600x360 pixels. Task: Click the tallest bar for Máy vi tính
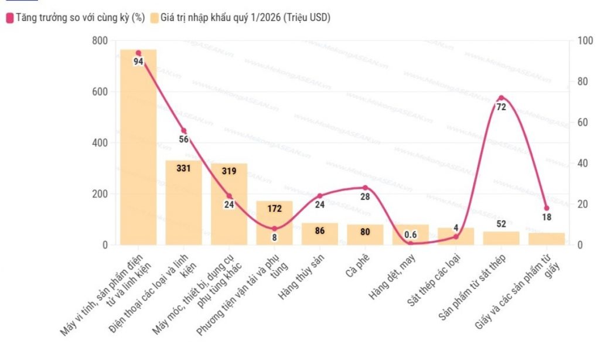(138, 147)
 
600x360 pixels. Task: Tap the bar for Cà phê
(365, 235)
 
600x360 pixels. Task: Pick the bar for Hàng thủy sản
(320, 234)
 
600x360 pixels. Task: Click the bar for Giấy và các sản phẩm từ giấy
(546, 239)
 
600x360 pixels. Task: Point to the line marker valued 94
(138, 53)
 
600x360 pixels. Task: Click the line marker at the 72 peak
(501, 98)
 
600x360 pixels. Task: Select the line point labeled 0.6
(410, 243)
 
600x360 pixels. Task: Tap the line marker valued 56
(183, 131)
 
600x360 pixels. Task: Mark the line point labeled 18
(546, 208)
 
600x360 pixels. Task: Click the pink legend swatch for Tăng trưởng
(9, 18)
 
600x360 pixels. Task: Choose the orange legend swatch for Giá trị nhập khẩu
(154, 18)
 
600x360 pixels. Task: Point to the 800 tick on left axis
(100, 40)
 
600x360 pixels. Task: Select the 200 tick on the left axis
(100, 193)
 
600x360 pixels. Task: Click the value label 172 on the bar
(274, 208)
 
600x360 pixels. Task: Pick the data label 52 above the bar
(501, 224)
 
